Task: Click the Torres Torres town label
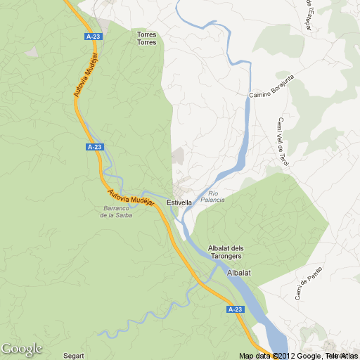[146, 38]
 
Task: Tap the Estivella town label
[179, 202]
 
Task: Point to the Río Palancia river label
[212, 196]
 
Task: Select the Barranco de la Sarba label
[116, 212]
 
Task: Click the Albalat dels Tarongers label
[226, 252]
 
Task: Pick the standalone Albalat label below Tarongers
[239, 272]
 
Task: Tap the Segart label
[73, 355]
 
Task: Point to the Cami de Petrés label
[308, 282]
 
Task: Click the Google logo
[21, 349]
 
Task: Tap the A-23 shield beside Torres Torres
[92, 36]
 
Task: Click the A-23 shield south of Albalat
[235, 309]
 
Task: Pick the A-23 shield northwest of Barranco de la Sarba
[95, 146]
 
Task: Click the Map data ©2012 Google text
[281, 355]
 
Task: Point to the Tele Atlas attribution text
[342, 355]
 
